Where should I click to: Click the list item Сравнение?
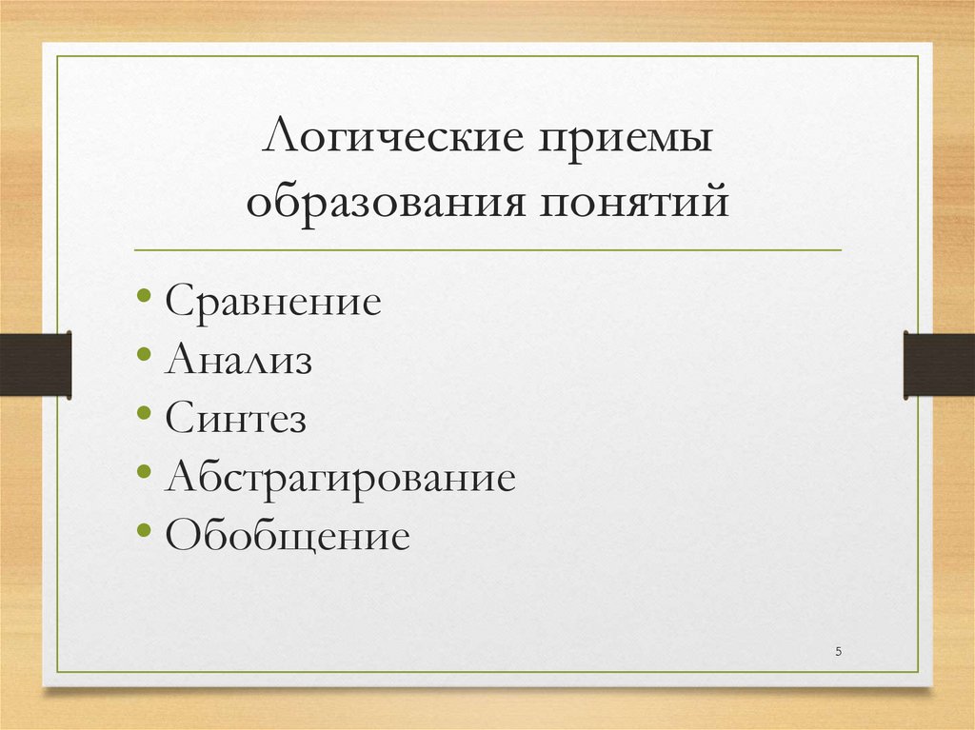pos(273,302)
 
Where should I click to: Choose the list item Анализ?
pos(238,361)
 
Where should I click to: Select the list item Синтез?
pos(235,419)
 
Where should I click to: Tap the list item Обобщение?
pos(287,537)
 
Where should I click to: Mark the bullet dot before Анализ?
pos(143,355)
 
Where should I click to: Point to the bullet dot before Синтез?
pos(143,414)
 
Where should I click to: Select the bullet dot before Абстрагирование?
pos(143,472)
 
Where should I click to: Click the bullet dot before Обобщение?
pos(143,531)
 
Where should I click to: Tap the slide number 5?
pos(838,651)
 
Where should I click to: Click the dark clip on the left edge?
pos(35,364)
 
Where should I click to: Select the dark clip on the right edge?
pos(939,364)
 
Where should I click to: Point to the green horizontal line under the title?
pos(487,250)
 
